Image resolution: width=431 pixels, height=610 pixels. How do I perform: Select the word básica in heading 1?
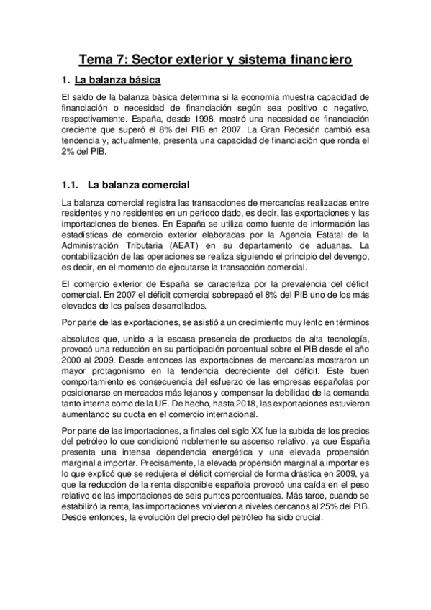140,79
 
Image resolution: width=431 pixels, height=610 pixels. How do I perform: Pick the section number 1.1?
72,183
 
